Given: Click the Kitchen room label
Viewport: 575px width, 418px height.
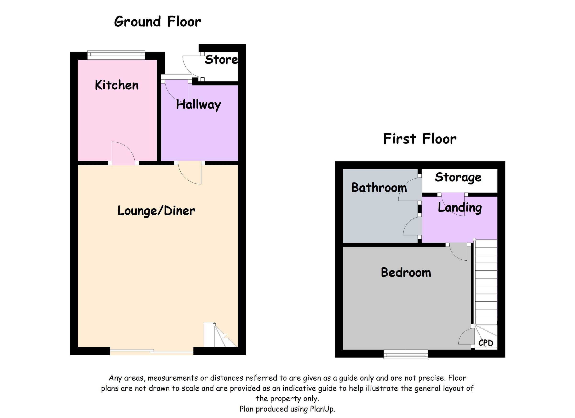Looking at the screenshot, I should (117, 85).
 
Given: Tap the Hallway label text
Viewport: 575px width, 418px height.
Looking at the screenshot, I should (199, 105).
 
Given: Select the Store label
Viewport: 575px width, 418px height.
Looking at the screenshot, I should (221, 60).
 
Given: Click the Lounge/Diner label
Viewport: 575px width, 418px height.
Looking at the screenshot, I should (156, 211).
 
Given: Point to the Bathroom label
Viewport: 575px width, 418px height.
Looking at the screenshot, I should (379, 188).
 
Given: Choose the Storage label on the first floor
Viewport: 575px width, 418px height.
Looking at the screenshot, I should (458, 178).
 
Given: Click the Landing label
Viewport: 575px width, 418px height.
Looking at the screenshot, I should (460, 208).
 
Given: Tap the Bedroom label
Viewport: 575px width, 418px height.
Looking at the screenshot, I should (406, 273).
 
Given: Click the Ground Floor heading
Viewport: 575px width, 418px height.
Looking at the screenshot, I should (157, 22).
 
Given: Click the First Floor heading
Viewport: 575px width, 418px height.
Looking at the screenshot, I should (420, 139).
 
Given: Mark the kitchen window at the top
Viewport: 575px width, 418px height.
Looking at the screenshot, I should (116, 55).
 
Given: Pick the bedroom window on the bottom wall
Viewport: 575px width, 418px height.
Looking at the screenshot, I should (406, 354).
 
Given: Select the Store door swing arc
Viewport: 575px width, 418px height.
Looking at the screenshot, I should (191, 66).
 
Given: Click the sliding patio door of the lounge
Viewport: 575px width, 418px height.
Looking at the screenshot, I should (152, 351).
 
